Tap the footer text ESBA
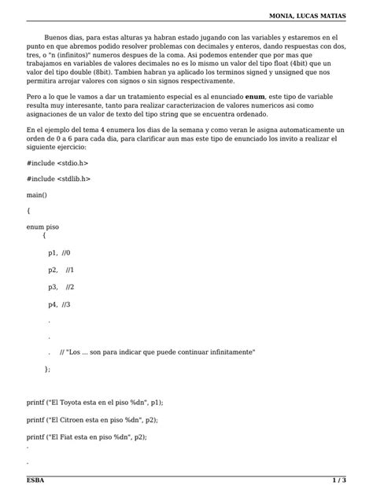pyautogui.click(x=35, y=480)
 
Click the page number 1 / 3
pyautogui.click(x=338, y=480)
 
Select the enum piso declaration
pyautogui.click(x=42, y=226)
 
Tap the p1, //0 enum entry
pyautogui.click(x=59, y=253)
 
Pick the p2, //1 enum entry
pyautogui.click(x=61, y=270)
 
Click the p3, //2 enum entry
pyautogui.click(x=61, y=287)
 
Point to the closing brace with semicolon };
pyautogui.click(x=47, y=369)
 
